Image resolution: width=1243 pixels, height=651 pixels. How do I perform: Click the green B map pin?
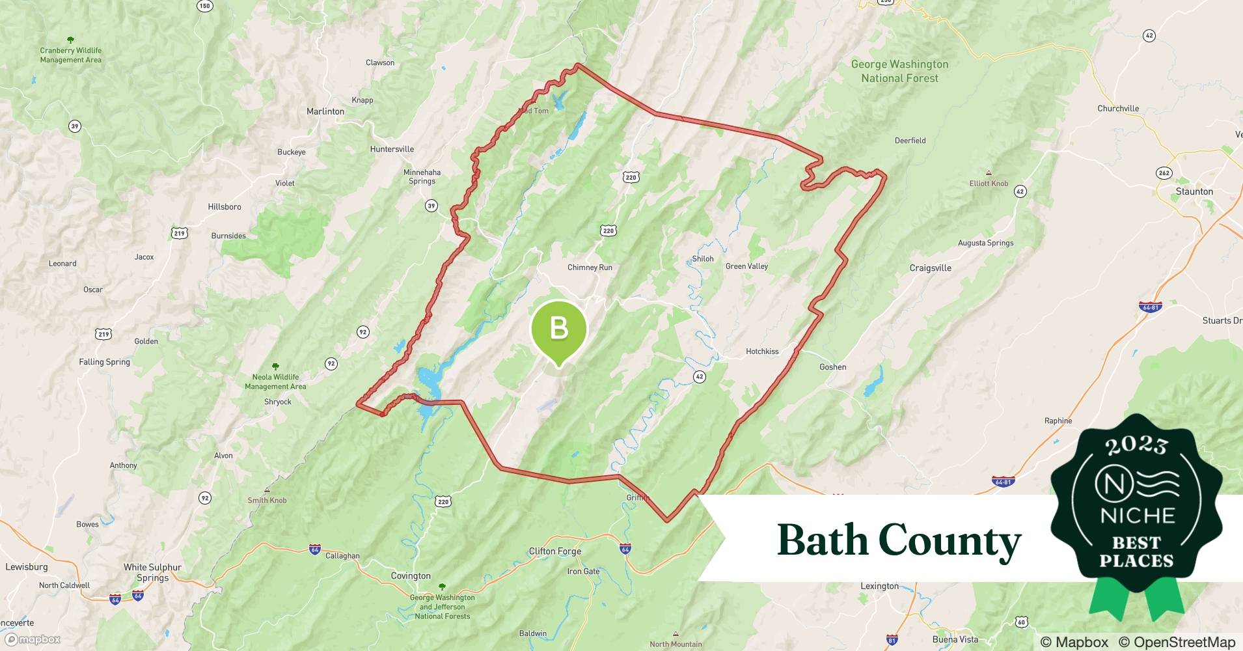tap(559, 329)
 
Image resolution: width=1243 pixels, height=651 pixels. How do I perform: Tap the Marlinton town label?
tap(325, 111)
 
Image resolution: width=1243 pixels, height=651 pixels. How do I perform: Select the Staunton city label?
tap(1194, 191)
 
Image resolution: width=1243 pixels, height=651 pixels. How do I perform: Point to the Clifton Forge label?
tap(555, 551)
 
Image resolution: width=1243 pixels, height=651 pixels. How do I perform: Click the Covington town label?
tap(411, 576)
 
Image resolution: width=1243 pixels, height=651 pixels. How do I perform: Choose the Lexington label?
tap(879, 586)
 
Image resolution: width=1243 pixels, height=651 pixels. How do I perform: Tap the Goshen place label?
tap(832, 367)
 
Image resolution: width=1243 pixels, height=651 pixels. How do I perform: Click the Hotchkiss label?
tap(762, 352)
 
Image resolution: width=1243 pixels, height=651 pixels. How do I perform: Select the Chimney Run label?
tap(590, 268)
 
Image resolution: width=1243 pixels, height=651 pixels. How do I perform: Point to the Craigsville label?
tap(930, 268)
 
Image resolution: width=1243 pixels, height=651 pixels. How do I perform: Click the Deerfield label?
tap(910, 141)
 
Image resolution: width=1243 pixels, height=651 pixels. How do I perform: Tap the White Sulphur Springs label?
tap(152, 572)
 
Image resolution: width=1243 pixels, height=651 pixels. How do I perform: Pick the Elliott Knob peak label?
tap(989, 184)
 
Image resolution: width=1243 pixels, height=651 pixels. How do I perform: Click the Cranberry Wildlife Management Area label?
tap(70, 55)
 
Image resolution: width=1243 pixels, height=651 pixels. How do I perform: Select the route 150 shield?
tap(204, 6)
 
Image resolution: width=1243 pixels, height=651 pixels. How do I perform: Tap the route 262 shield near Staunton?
tap(1164, 173)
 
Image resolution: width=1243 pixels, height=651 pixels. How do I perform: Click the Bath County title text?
tap(899, 540)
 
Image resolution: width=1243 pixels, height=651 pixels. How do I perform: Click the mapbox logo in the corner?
tap(33, 639)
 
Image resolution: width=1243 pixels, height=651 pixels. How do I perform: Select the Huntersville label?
tap(392, 149)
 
